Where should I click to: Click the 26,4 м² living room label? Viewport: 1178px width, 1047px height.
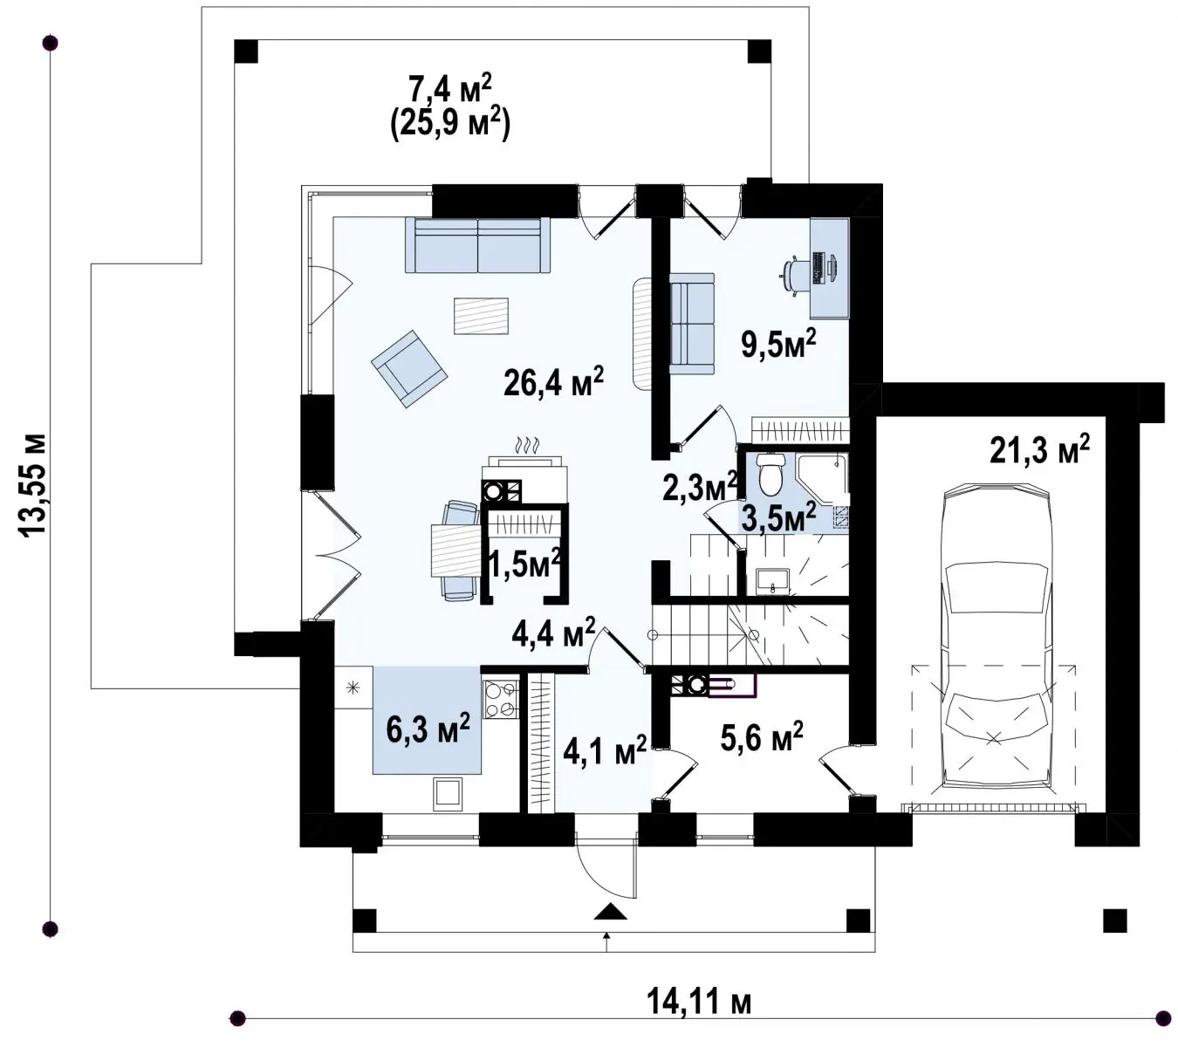click(x=553, y=381)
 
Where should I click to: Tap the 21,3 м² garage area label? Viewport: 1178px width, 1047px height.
click(x=1039, y=450)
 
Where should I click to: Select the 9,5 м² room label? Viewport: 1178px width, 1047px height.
click(x=778, y=344)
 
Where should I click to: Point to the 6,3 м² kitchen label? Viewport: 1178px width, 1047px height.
click(x=428, y=729)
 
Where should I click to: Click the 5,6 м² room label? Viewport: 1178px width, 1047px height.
click(x=762, y=736)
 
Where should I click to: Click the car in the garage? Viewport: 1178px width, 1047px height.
click(x=997, y=637)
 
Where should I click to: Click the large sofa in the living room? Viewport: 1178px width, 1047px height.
click(x=477, y=245)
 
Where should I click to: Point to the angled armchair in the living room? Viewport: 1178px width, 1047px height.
click(x=409, y=368)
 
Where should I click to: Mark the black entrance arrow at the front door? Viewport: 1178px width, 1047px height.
click(x=611, y=912)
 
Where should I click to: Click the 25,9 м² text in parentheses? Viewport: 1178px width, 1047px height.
click(x=450, y=124)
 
